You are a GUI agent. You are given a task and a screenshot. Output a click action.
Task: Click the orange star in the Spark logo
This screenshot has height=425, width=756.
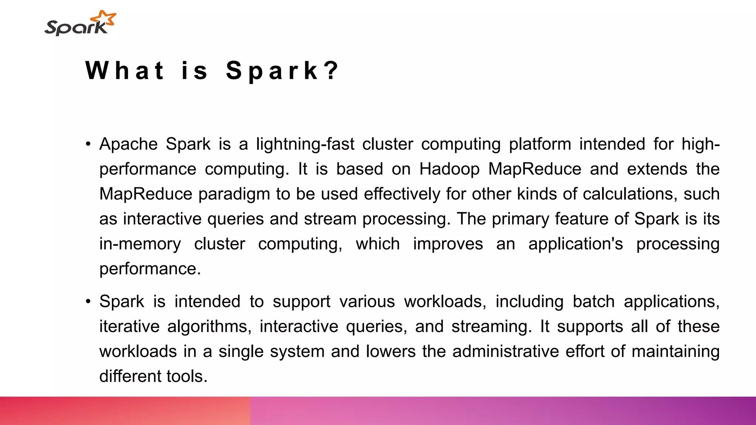[x=104, y=18]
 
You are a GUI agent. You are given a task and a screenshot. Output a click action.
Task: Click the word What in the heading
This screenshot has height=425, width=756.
[x=125, y=70]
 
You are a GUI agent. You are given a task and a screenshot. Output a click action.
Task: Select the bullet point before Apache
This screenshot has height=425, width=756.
[x=88, y=144]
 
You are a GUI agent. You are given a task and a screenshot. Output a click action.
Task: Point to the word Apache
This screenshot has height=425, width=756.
[x=128, y=144]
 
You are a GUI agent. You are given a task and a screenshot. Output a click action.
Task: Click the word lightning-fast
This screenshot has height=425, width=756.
[x=305, y=144]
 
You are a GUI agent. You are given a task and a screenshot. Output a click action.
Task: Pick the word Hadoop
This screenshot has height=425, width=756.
[x=449, y=169]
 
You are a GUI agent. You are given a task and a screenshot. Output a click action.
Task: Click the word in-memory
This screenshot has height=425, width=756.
[x=140, y=244]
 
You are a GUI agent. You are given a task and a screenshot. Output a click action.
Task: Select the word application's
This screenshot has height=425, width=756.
[x=575, y=244]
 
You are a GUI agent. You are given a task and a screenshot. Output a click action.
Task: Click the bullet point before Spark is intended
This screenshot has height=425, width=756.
[x=88, y=302]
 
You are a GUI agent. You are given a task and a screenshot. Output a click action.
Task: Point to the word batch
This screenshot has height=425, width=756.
[x=594, y=302]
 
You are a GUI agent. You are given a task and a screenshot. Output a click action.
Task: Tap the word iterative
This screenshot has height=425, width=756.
[x=129, y=326]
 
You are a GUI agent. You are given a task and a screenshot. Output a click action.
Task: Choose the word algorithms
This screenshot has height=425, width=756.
[x=209, y=326]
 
